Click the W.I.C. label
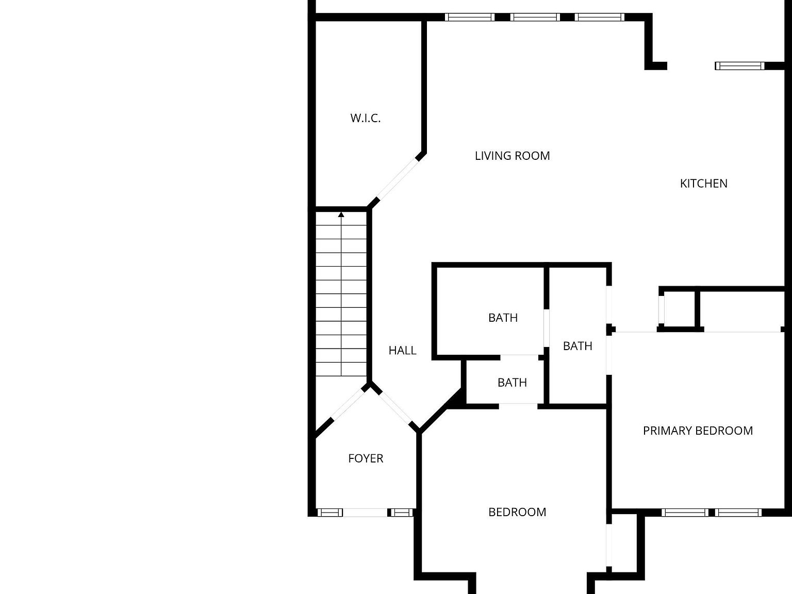tap(366, 118)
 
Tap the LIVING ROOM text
tap(512, 156)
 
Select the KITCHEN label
tap(703, 184)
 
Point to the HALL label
tap(402, 351)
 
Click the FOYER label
tap(366, 458)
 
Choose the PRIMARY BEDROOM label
tap(698, 431)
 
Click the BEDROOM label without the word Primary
tap(517, 512)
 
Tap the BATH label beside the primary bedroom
tap(577, 346)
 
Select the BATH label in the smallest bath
tap(512, 383)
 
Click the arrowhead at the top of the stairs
tap(341, 214)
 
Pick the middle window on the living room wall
tap(535, 17)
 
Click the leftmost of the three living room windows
tap(469, 17)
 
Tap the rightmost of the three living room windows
tap(600, 17)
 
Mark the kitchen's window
tap(739, 65)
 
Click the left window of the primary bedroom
tap(685, 512)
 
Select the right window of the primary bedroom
tap(738, 512)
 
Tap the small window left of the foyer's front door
tap(329, 512)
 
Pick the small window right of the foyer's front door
tap(401, 512)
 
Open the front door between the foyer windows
tap(365, 512)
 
